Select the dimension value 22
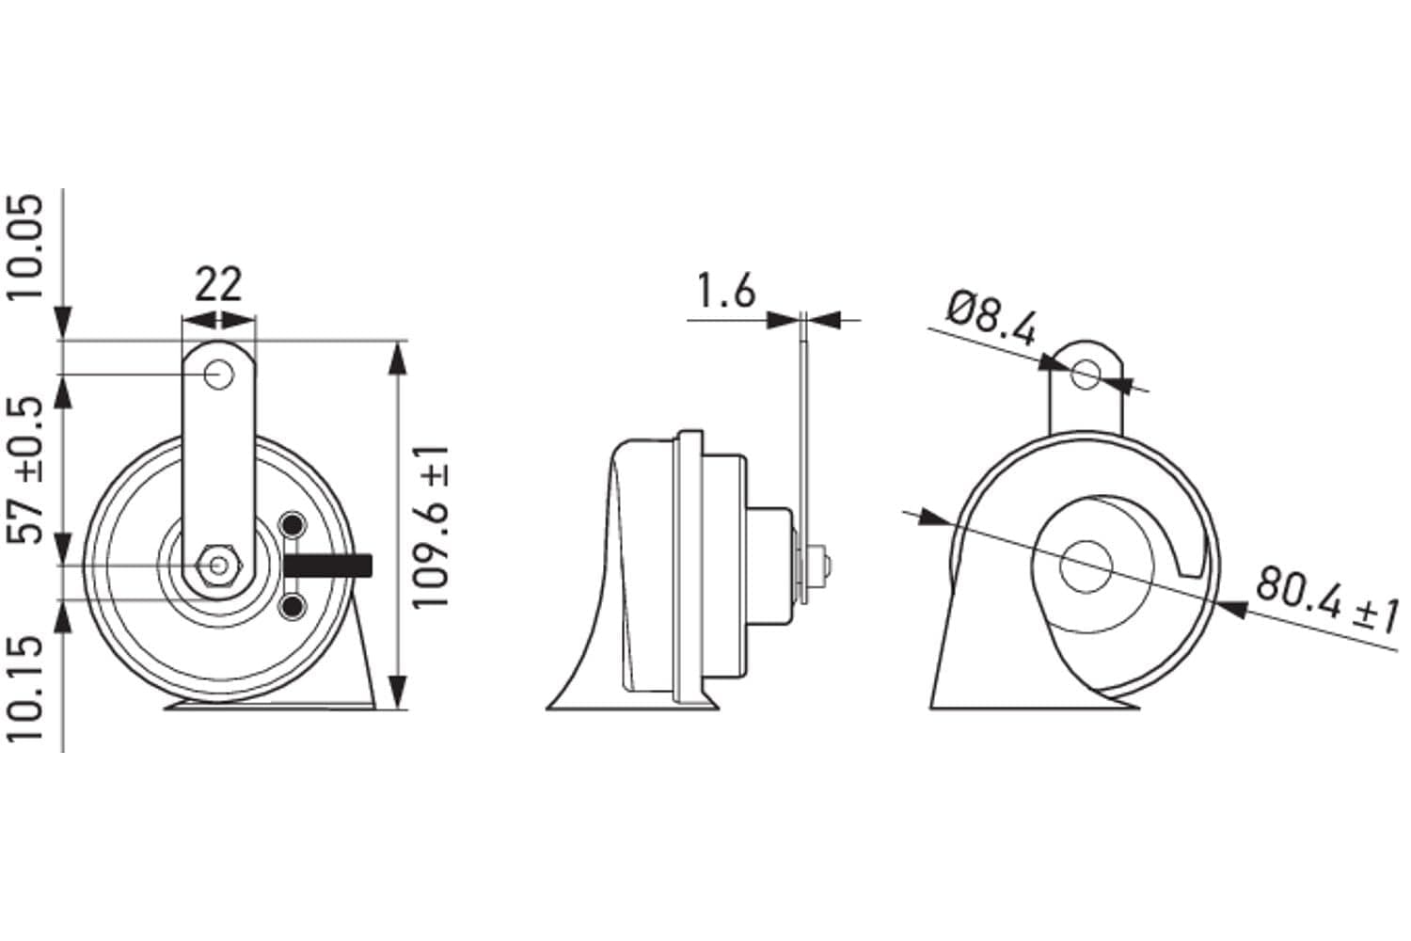click(x=218, y=283)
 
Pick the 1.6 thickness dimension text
click(x=725, y=292)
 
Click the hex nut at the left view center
click(x=219, y=566)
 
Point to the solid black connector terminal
click(x=328, y=566)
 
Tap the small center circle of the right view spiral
click(x=1086, y=566)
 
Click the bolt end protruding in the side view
click(x=825, y=566)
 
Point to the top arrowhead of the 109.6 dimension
click(x=398, y=358)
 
